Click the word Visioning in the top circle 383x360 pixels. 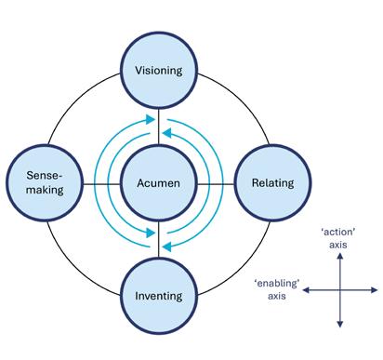pos(159,71)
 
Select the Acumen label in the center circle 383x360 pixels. pos(158,183)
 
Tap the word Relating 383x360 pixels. pos(273,183)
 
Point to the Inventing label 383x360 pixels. pos(159,296)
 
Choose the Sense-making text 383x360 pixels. pos(45,182)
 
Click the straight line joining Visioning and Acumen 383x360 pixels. pos(159,127)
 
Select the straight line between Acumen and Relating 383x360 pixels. pos(216,184)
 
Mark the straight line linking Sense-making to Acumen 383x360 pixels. pos(101,184)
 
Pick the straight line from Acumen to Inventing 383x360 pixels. pos(159,239)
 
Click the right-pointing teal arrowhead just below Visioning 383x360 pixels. pos(151,119)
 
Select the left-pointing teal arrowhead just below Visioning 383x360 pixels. pos(167,133)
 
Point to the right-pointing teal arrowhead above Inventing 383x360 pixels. pos(151,233)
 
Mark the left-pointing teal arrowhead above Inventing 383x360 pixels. pos(167,247)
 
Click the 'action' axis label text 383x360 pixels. pos(337,238)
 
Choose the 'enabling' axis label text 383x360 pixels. pos(277,289)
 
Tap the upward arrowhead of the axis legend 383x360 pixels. pos(340,256)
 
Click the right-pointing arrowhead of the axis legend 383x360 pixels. pos(375,290)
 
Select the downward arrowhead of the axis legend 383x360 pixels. pos(340,324)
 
